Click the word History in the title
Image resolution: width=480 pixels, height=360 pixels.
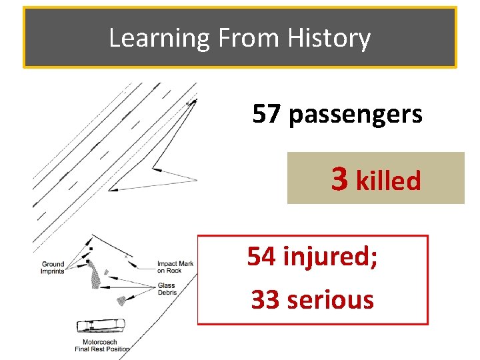[x=329, y=38]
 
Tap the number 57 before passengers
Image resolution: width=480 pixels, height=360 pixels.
[x=267, y=115]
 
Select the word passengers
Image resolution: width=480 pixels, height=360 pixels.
[x=355, y=115]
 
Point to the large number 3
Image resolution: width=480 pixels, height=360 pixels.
[x=339, y=178]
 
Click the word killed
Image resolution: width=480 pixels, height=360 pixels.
[x=389, y=180]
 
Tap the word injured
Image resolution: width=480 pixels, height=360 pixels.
[x=330, y=256]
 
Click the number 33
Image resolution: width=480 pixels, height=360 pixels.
[x=265, y=299]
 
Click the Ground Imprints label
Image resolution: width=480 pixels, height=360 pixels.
[x=52, y=268]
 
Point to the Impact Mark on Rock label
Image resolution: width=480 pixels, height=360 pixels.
[x=175, y=267]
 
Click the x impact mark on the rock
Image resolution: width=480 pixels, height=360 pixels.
[x=125, y=255]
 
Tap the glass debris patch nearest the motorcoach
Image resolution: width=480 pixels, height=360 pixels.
[x=121, y=300]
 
